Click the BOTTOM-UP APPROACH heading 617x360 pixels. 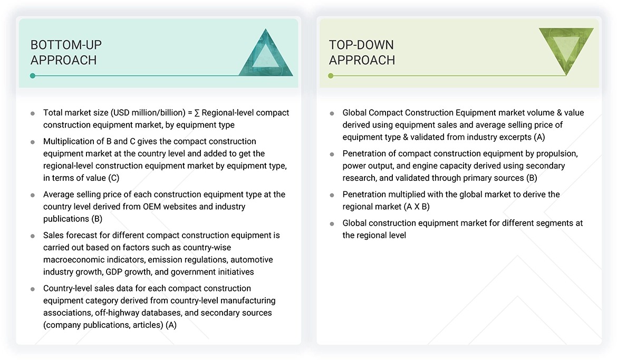click(x=66, y=52)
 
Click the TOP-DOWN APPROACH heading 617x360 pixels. click(x=362, y=52)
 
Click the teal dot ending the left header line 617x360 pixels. click(x=33, y=76)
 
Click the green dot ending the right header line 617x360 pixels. click(x=331, y=76)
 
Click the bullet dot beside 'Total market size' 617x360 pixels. click(x=33, y=113)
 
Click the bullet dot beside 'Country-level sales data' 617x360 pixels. click(x=33, y=289)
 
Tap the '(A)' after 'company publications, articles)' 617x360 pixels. click(x=171, y=325)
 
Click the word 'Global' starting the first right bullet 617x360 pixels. click(x=354, y=113)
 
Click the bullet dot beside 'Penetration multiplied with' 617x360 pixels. click(x=332, y=194)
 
